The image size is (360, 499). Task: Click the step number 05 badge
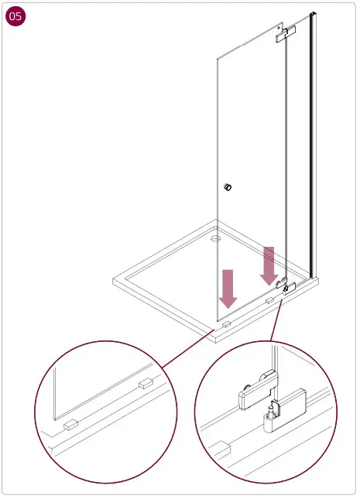[x=16, y=18]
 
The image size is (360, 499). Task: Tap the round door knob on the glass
[x=228, y=186]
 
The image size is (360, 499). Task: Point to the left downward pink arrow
[x=228, y=288]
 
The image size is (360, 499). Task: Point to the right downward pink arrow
[x=269, y=265]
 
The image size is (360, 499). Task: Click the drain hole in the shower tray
[x=215, y=239]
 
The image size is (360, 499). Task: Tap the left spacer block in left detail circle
[x=70, y=425]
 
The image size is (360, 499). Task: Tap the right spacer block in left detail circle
[x=146, y=383]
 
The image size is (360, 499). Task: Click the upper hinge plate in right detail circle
[x=255, y=391]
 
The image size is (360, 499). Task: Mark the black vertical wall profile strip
[x=313, y=147]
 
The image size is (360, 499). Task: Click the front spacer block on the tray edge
[x=226, y=326]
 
